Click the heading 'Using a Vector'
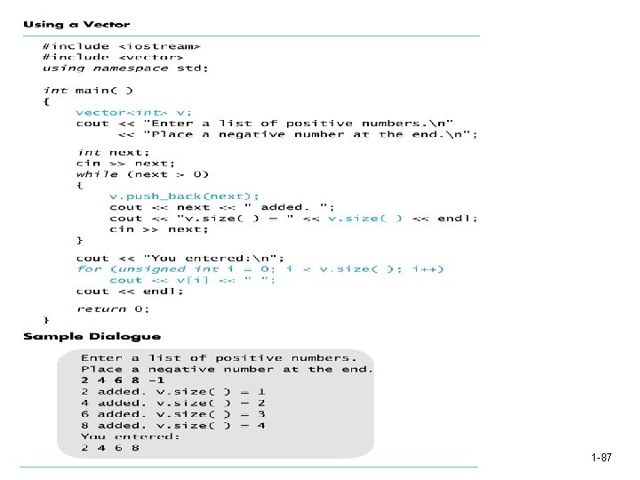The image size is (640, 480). [x=76, y=25]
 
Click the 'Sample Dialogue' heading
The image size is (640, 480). [x=92, y=337]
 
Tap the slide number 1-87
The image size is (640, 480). [x=601, y=458]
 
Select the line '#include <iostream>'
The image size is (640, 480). [x=121, y=46]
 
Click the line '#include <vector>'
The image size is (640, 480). [x=112, y=57]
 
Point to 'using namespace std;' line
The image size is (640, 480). [x=125, y=68]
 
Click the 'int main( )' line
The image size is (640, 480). [x=88, y=90]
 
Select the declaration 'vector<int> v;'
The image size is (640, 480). [x=133, y=112]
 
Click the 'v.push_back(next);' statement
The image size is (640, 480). [x=185, y=196]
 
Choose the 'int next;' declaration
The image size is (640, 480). [x=114, y=152]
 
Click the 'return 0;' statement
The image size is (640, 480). [x=113, y=308]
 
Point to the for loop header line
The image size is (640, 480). [x=260, y=268]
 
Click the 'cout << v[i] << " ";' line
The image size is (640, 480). [x=192, y=280]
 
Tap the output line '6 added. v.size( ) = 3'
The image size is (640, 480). [x=173, y=413]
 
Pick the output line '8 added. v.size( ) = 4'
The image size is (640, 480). [x=173, y=425]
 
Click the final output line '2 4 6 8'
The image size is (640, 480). [x=110, y=447]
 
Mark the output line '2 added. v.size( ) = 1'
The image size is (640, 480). [x=173, y=391]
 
